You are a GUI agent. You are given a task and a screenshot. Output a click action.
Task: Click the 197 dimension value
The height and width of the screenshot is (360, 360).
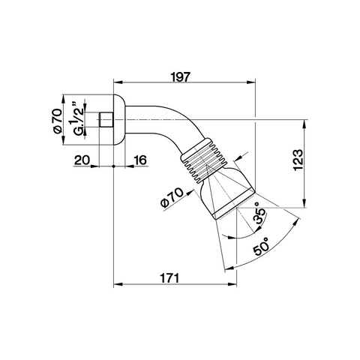181,76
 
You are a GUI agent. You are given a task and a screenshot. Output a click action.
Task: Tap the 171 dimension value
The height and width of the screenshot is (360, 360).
169,278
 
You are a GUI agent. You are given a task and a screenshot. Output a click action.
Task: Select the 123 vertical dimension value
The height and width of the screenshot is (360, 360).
298,160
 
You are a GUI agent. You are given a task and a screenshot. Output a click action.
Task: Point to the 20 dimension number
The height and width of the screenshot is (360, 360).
82,160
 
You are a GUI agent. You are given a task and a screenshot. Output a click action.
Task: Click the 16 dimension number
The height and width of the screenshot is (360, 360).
139,160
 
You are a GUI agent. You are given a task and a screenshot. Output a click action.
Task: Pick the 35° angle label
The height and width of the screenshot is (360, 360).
259,215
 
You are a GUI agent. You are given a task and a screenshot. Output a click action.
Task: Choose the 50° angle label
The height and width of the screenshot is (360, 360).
261,246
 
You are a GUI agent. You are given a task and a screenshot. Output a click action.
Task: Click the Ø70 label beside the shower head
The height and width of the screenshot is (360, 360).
172,197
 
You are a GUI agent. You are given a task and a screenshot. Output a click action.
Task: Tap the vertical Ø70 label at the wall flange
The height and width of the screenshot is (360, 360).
57,121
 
